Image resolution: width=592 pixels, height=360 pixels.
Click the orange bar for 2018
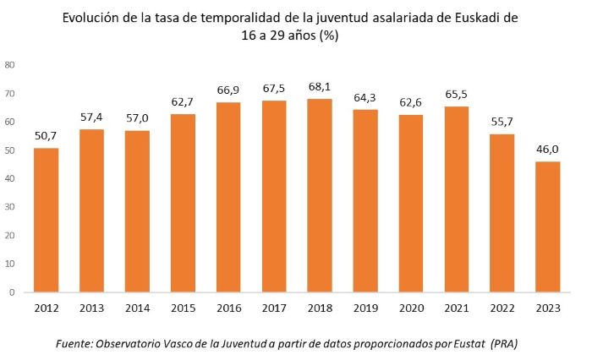point(319,195)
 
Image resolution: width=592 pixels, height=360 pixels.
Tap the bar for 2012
point(47,220)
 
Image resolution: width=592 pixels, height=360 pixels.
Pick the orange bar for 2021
point(456,199)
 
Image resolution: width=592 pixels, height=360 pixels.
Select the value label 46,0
point(546,149)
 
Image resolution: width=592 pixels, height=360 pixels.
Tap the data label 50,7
point(47,135)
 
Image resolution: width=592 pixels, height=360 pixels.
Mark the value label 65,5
point(456,93)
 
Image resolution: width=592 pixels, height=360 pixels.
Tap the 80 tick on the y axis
point(9,64)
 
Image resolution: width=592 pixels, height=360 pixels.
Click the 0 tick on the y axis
point(12,292)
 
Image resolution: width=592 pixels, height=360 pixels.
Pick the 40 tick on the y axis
point(9,178)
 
